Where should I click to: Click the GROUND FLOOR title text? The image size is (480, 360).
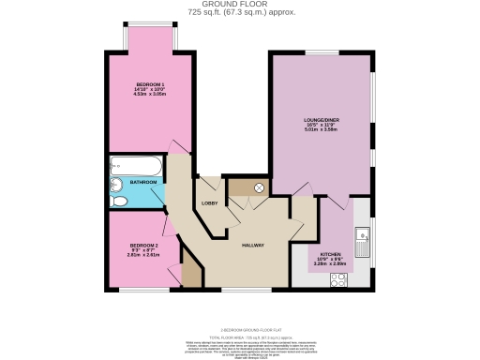point(240,4)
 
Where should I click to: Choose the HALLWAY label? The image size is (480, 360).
point(251,245)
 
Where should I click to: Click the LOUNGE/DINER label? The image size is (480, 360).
point(321,120)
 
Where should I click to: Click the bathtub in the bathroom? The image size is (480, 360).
point(137,167)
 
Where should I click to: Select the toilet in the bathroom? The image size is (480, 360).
point(118,202)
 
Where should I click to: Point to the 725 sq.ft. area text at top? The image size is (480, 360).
point(240,13)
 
